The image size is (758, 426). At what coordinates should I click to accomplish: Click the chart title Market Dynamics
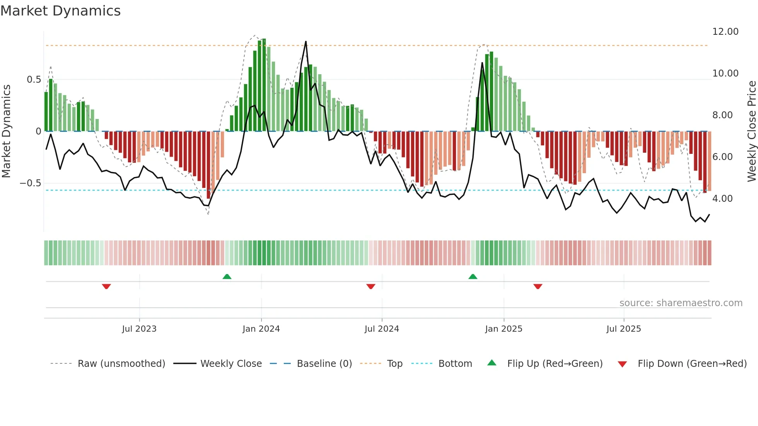(61, 11)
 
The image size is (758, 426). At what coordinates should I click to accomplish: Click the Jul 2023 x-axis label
(139, 329)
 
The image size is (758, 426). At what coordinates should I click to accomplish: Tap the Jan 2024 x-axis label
(261, 329)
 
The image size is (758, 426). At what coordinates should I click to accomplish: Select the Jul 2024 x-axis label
(382, 329)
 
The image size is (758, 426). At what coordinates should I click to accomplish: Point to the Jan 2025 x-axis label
(504, 329)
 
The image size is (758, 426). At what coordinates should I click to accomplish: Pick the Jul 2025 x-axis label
(623, 329)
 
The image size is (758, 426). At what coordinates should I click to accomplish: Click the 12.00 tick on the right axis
(725, 32)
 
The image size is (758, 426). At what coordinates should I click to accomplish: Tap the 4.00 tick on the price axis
(722, 199)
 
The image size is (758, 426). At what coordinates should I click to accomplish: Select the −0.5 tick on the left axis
(30, 183)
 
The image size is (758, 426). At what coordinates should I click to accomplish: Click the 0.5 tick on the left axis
(34, 80)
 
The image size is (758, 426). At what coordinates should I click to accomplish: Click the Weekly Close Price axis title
(751, 131)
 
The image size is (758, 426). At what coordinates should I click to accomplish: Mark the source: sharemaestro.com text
(681, 303)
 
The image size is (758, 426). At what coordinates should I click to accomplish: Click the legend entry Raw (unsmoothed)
(121, 364)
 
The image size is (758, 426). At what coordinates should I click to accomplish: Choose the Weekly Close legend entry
(231, 364)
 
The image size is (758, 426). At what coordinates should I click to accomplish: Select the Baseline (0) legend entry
(324, 364)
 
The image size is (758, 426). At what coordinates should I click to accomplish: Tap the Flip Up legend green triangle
(492, 363)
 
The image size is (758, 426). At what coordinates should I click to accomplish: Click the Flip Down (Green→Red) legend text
(692, 364)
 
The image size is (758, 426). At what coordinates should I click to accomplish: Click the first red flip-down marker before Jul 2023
(106, 286)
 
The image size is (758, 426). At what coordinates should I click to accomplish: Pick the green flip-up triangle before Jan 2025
(473, 276)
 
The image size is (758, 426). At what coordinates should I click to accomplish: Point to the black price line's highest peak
(306, 42)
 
